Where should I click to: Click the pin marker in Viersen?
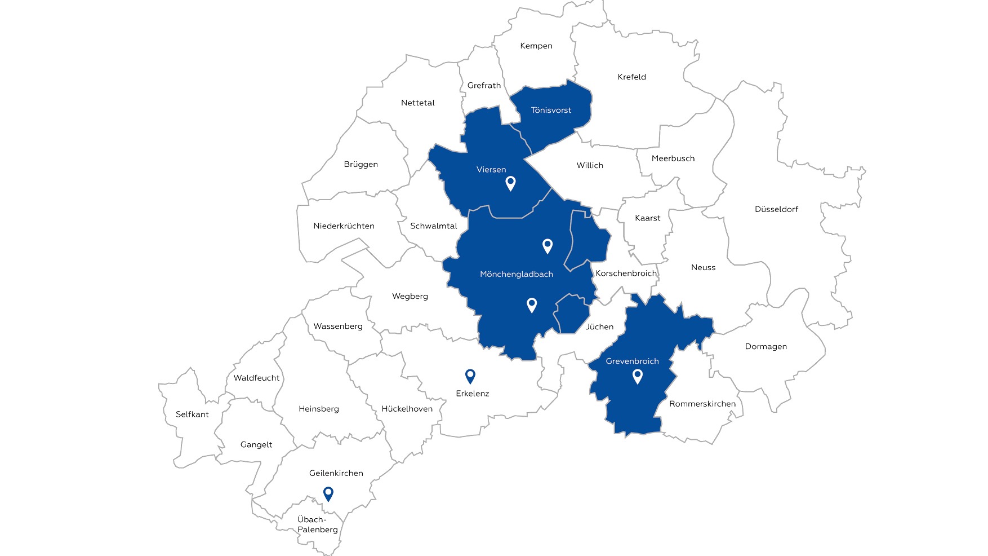click(510, 183)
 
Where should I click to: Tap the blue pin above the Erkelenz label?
click(470, 376)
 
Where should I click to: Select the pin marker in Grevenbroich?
click(638, 376)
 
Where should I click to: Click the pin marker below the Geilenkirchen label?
click(328, 494)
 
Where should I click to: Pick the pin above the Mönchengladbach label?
click(547, 246)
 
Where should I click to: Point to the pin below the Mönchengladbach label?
click(532, 305)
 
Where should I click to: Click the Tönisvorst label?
click(551, 111)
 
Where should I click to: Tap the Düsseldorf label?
click(776, 209)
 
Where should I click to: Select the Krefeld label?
click(631, 77)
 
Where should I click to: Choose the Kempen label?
click(536, 46)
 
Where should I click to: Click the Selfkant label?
click(192, 414)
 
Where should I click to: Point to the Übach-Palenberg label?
click(318, 524)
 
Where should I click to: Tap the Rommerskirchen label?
click(702, 404)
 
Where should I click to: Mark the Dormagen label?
click(766, 347)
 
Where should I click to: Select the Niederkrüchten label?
click(344, 226)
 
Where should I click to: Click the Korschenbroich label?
click(626, 273)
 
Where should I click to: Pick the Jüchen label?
click(599, 327)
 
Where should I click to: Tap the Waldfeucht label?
click(256, 378)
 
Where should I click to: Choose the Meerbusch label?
click(673, 159)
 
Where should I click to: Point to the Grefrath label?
click(484, 86)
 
